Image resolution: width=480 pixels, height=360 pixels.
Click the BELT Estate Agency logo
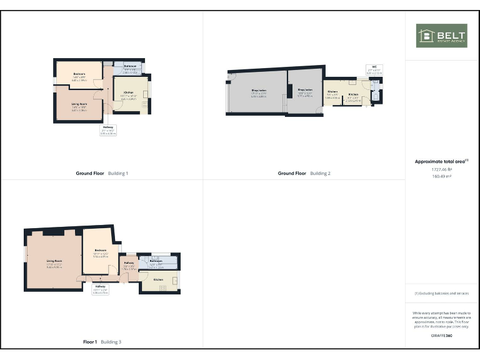click(441, 36)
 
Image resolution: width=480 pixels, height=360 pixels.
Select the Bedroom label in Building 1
click(79, 74)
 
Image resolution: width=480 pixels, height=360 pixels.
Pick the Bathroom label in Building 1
click(130, 66)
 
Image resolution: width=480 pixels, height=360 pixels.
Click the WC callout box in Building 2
click(374, 69)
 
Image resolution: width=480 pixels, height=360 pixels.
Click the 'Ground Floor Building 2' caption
click(304, 173)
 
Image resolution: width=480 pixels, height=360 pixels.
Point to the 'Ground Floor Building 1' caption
click(102, 173)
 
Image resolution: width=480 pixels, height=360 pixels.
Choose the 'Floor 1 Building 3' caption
click(102, 342)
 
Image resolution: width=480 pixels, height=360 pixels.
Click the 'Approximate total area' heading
click(441, 161)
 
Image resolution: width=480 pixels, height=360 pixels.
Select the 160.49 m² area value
click(441, 176)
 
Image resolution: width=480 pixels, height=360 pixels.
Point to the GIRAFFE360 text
click(441, 336)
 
